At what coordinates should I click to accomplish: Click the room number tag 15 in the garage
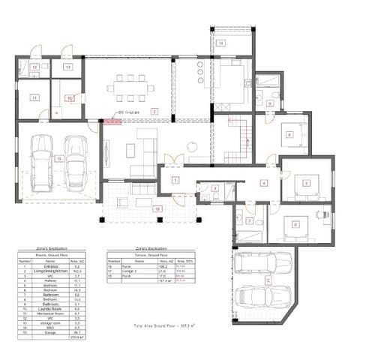click(58, 158)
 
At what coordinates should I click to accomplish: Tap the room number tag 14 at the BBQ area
click(221, 44)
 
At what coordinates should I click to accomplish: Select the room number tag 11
click(34, 97)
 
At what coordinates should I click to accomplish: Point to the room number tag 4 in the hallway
click(264, 182)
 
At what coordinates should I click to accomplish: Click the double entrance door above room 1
click(175, 160)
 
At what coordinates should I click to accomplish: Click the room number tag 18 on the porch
click(157, 208)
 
